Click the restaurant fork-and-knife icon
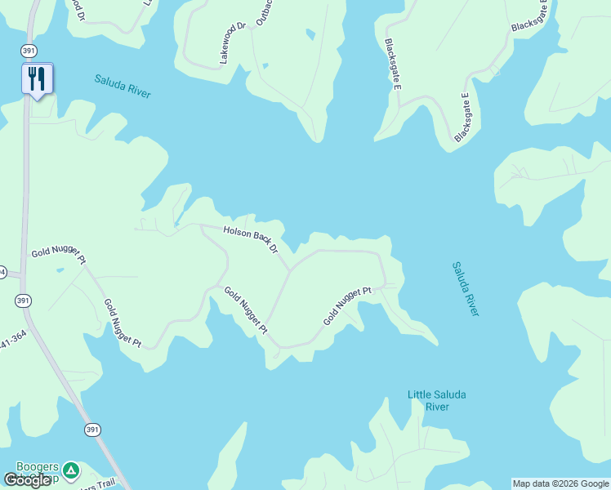tap(37, 79)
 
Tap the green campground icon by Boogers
tap(71, 470)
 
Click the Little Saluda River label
tap(437, 400)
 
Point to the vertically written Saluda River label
tap(465, 289)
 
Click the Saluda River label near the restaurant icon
tap(123, 86)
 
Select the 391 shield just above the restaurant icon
tap(29, 51)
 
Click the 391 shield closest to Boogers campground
tap(92, 430)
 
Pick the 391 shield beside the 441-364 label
tap(24, 301)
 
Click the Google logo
tap(27, 479)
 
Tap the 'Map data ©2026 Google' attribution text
tap(560, 483)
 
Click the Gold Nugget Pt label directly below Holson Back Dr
tap(246, 311)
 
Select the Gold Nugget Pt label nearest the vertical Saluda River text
tap(347, 305)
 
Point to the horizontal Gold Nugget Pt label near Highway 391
tap(59, 256)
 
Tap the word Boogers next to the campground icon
tap(37, 467)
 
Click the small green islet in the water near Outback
tap(310, 34)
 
